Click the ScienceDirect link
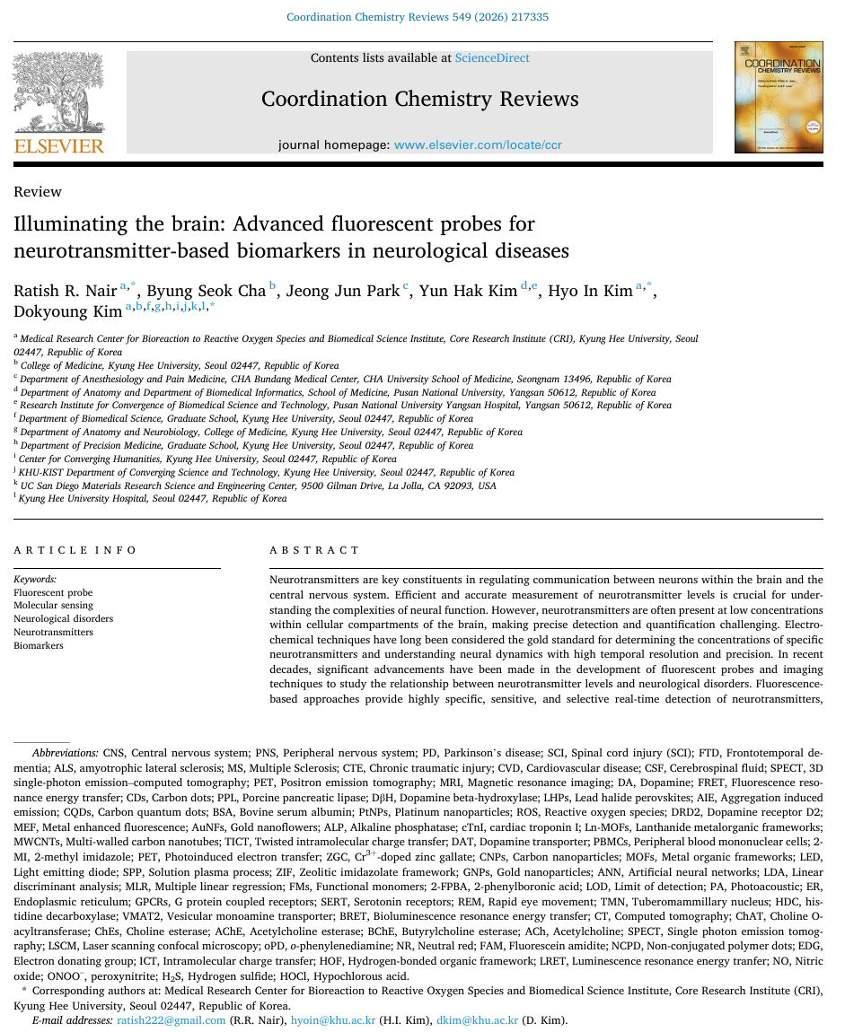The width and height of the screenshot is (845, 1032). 492,58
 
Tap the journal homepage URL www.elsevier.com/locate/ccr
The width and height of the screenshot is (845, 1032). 478,144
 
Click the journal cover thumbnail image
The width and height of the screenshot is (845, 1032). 778,97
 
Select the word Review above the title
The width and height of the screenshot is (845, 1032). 38,192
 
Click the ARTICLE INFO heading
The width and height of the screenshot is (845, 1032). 75,550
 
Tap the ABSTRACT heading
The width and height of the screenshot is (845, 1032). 314,550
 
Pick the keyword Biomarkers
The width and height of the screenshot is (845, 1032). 39,645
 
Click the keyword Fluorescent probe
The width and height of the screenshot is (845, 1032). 53,592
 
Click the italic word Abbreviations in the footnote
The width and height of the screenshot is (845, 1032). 65,753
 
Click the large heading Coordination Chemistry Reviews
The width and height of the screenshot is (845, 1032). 419,99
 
